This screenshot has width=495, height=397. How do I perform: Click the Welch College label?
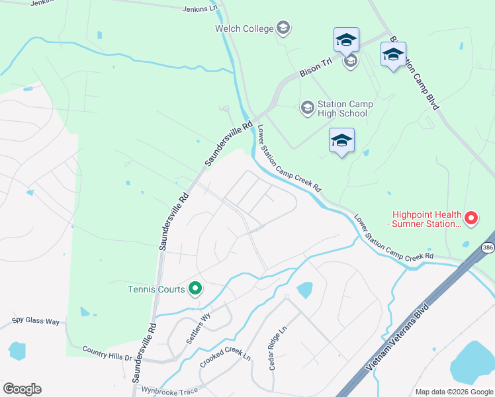pos(244,28)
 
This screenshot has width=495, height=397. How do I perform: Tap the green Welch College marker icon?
pos(283,28)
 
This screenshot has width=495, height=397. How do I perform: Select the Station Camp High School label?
pos(345,109)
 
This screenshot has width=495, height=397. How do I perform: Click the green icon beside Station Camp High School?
pos(307,107)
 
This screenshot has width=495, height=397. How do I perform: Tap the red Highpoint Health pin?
pos(471,217)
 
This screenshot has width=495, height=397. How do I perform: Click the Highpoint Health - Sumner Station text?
pos(426,219)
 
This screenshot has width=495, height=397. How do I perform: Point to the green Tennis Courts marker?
pos(195,288)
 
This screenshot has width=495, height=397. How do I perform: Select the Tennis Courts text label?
pos(156,288)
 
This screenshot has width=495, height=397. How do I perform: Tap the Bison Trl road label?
pos(315,70)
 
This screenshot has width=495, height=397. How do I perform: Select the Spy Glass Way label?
pos(36,322)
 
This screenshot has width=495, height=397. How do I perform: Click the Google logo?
pos(22,388)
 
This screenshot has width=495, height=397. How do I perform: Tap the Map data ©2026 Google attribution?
pos(453,392)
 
